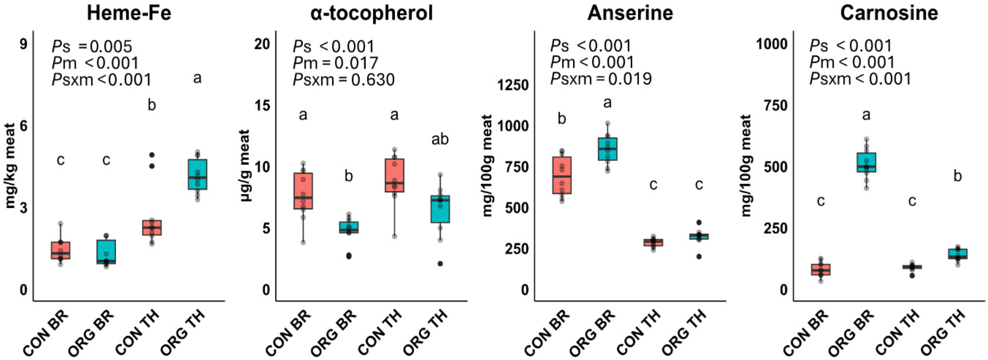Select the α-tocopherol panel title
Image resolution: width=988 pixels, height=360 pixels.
point(372,13)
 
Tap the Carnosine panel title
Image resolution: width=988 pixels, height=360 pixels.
point(889,13)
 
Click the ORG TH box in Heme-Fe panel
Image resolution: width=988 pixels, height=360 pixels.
point(198,175)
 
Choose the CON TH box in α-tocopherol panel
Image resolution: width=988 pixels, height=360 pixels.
point(394,175)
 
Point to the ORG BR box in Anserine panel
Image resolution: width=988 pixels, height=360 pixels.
point(608,149)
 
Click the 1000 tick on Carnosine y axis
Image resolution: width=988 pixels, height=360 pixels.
point(771,44)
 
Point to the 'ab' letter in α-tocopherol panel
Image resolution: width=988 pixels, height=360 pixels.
point(440,139)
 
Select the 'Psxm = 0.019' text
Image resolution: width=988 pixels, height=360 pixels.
point(601,79)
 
